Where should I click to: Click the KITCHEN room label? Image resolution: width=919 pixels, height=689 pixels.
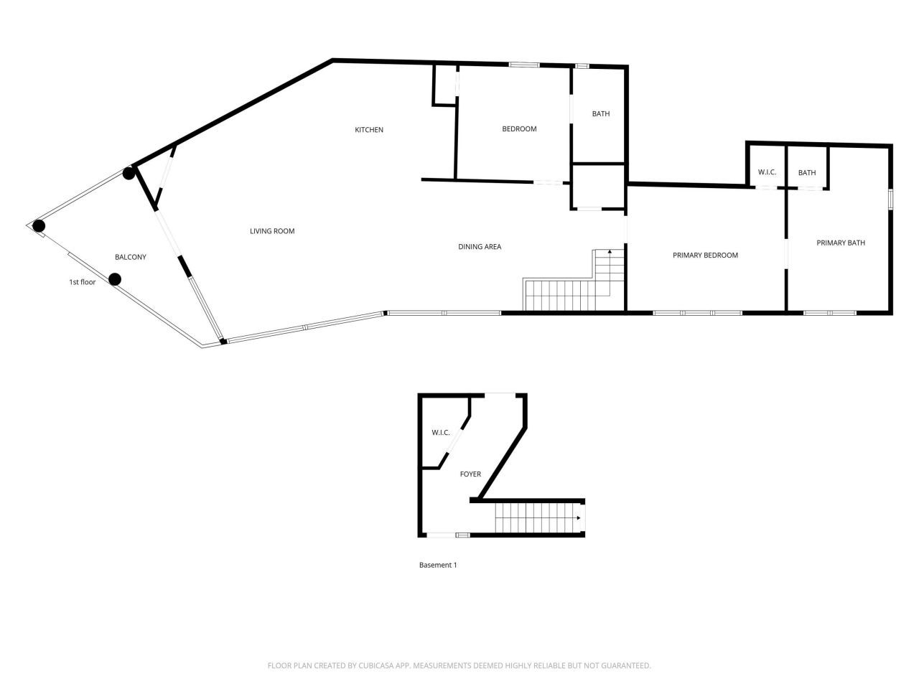tap(369, 130)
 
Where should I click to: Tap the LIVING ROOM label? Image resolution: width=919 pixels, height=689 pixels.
tap(272, 231)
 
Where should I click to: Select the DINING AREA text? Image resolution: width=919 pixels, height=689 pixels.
tap(480, 247)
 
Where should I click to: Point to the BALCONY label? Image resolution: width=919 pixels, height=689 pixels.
tap(131, 257)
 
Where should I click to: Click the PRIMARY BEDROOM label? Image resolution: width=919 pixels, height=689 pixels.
tap(705, 255)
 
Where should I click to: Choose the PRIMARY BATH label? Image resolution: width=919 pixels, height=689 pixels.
tap(841, 243)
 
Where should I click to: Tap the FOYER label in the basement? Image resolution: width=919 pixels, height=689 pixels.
tap(470, 474)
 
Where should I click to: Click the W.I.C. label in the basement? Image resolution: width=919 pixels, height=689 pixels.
tap(441, 432)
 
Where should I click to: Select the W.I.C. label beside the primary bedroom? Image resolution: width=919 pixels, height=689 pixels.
tap(767, 172)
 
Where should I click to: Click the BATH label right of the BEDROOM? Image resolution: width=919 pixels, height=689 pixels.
tap(601, 113)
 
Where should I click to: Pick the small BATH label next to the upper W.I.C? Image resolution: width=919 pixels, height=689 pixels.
tap(807, 172)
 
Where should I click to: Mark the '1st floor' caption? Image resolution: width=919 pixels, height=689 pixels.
tap(82, 282)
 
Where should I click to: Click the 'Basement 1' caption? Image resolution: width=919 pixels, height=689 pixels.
tap(438, 565)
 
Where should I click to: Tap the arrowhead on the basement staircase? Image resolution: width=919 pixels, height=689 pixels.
tap(578, 517)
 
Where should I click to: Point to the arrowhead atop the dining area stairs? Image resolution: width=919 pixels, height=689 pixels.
tap(610, 252)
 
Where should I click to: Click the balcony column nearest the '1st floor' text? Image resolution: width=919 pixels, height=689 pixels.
tap(114, 279)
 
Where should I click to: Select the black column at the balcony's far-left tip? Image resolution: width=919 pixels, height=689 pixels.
tap(39, 226)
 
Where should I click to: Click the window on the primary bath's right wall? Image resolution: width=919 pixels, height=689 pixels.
tap(890, 199)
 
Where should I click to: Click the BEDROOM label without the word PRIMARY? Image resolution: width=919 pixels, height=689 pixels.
tap(519, 129)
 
